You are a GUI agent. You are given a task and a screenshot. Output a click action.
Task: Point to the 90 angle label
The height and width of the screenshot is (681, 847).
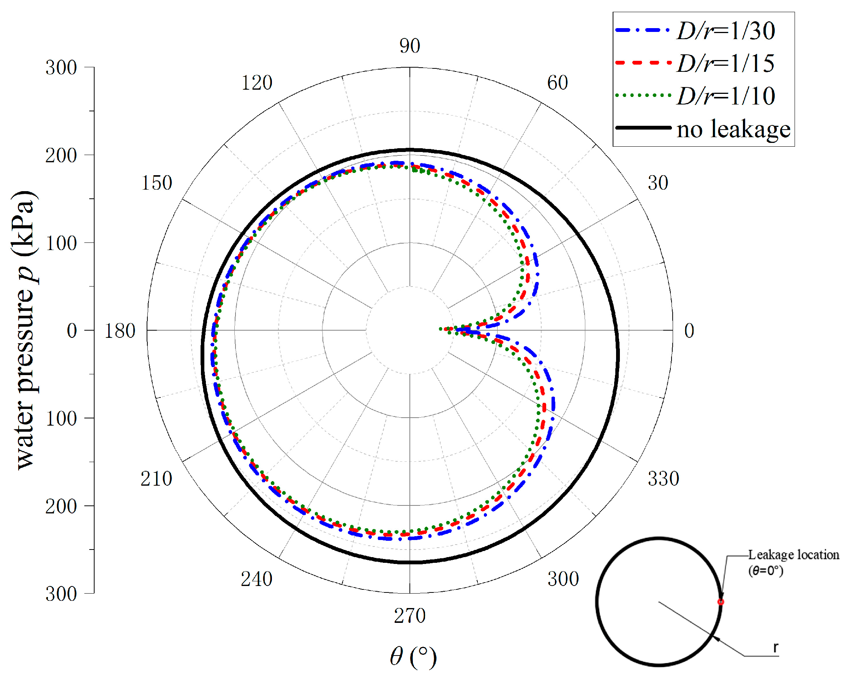coord(410,46)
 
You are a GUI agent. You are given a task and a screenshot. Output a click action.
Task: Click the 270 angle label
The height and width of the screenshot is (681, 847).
coord(410,616)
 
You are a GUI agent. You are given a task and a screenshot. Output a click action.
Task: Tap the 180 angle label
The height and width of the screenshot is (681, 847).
coord(119,331)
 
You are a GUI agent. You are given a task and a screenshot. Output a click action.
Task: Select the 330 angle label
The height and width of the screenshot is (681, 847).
coord(663,478)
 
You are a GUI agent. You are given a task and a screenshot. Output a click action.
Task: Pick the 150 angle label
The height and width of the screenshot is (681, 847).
coord(156,183)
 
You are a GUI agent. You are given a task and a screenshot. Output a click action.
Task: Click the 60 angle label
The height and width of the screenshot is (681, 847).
coord(558,83)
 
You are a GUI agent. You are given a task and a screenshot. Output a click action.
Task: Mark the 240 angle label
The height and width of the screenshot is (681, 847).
coord(256,579)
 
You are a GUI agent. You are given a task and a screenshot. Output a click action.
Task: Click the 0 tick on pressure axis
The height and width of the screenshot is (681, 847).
coord(72,331)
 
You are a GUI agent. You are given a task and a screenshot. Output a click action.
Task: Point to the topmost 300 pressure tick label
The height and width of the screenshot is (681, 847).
coord(61,68)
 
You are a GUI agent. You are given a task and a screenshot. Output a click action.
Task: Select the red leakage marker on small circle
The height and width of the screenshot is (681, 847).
coord(721,602)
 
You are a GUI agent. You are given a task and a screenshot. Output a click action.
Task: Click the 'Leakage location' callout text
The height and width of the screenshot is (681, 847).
coord(793,555)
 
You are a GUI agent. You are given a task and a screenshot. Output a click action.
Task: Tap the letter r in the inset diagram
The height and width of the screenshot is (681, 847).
coord(776,647)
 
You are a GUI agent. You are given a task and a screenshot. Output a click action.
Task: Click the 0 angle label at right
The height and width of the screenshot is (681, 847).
coord(689,331)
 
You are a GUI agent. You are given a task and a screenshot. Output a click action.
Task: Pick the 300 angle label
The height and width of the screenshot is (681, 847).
coord(563,579)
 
